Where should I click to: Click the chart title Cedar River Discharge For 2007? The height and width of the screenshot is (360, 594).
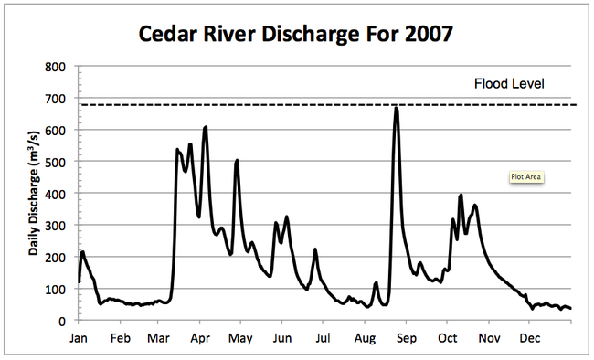point(295,35)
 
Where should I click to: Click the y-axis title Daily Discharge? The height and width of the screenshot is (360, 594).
point(34,193)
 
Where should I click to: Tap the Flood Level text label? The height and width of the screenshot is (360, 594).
point(509,84)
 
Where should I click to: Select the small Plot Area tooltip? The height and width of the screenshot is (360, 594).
point(527,177)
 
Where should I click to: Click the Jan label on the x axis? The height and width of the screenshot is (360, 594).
point(80,338)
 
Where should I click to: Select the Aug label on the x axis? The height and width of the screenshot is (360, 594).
point(365,338)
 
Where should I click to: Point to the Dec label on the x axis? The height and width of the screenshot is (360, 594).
point(529,338)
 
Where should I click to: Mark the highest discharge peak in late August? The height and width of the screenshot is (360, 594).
point(396,109)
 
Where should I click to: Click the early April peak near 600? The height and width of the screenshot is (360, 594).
point(205,128)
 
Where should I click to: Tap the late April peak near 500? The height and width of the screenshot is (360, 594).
point(237,161)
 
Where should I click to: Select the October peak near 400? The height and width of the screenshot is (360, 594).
point(461,195)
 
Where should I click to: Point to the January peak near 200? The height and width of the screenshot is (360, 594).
point(82,252)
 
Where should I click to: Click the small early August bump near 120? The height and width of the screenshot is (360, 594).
point(376,283)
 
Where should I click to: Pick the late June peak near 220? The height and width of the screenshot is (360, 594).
point(315,249)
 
